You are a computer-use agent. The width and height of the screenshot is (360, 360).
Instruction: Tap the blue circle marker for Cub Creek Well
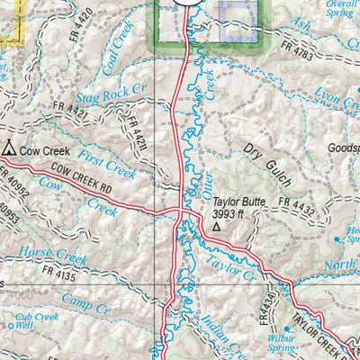pyautogui.click(x=10, y=326)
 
